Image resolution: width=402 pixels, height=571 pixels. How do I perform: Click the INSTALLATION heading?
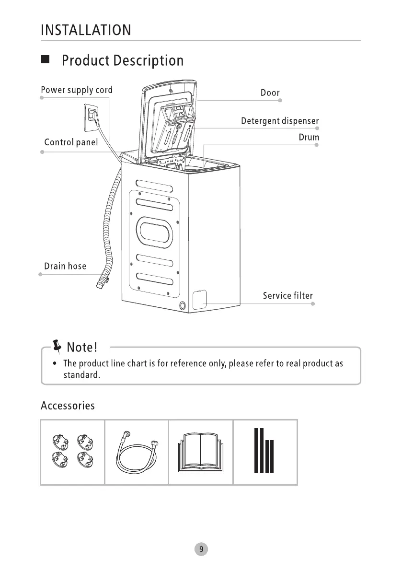click(86, 30)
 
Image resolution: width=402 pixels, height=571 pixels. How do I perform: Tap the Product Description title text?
click(123, 61)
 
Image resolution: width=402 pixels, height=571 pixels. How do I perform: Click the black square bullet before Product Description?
click(46, 60)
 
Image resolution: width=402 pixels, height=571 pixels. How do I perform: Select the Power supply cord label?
click(77, 90)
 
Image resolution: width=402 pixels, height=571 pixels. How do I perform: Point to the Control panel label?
click(71, 142)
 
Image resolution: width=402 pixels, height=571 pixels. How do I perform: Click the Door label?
click(270, 93)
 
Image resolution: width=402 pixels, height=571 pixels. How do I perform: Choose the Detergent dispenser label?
click(280, 121)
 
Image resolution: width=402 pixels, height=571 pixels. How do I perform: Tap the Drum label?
click(309, 138)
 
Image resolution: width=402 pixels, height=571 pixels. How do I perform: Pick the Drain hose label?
click(65, 266)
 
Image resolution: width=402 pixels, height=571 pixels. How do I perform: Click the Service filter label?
click(287, 296)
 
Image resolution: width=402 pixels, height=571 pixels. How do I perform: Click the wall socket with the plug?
click(91, 117)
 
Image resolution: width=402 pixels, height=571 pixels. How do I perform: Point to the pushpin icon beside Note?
click(57, 345)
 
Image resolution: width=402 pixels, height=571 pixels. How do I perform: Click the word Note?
click(82, 346)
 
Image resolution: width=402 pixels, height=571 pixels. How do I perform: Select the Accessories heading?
click(68, 406)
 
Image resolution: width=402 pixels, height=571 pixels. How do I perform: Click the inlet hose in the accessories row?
click(137, 453)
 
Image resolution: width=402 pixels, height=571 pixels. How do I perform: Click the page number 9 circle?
click(201, 549)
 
